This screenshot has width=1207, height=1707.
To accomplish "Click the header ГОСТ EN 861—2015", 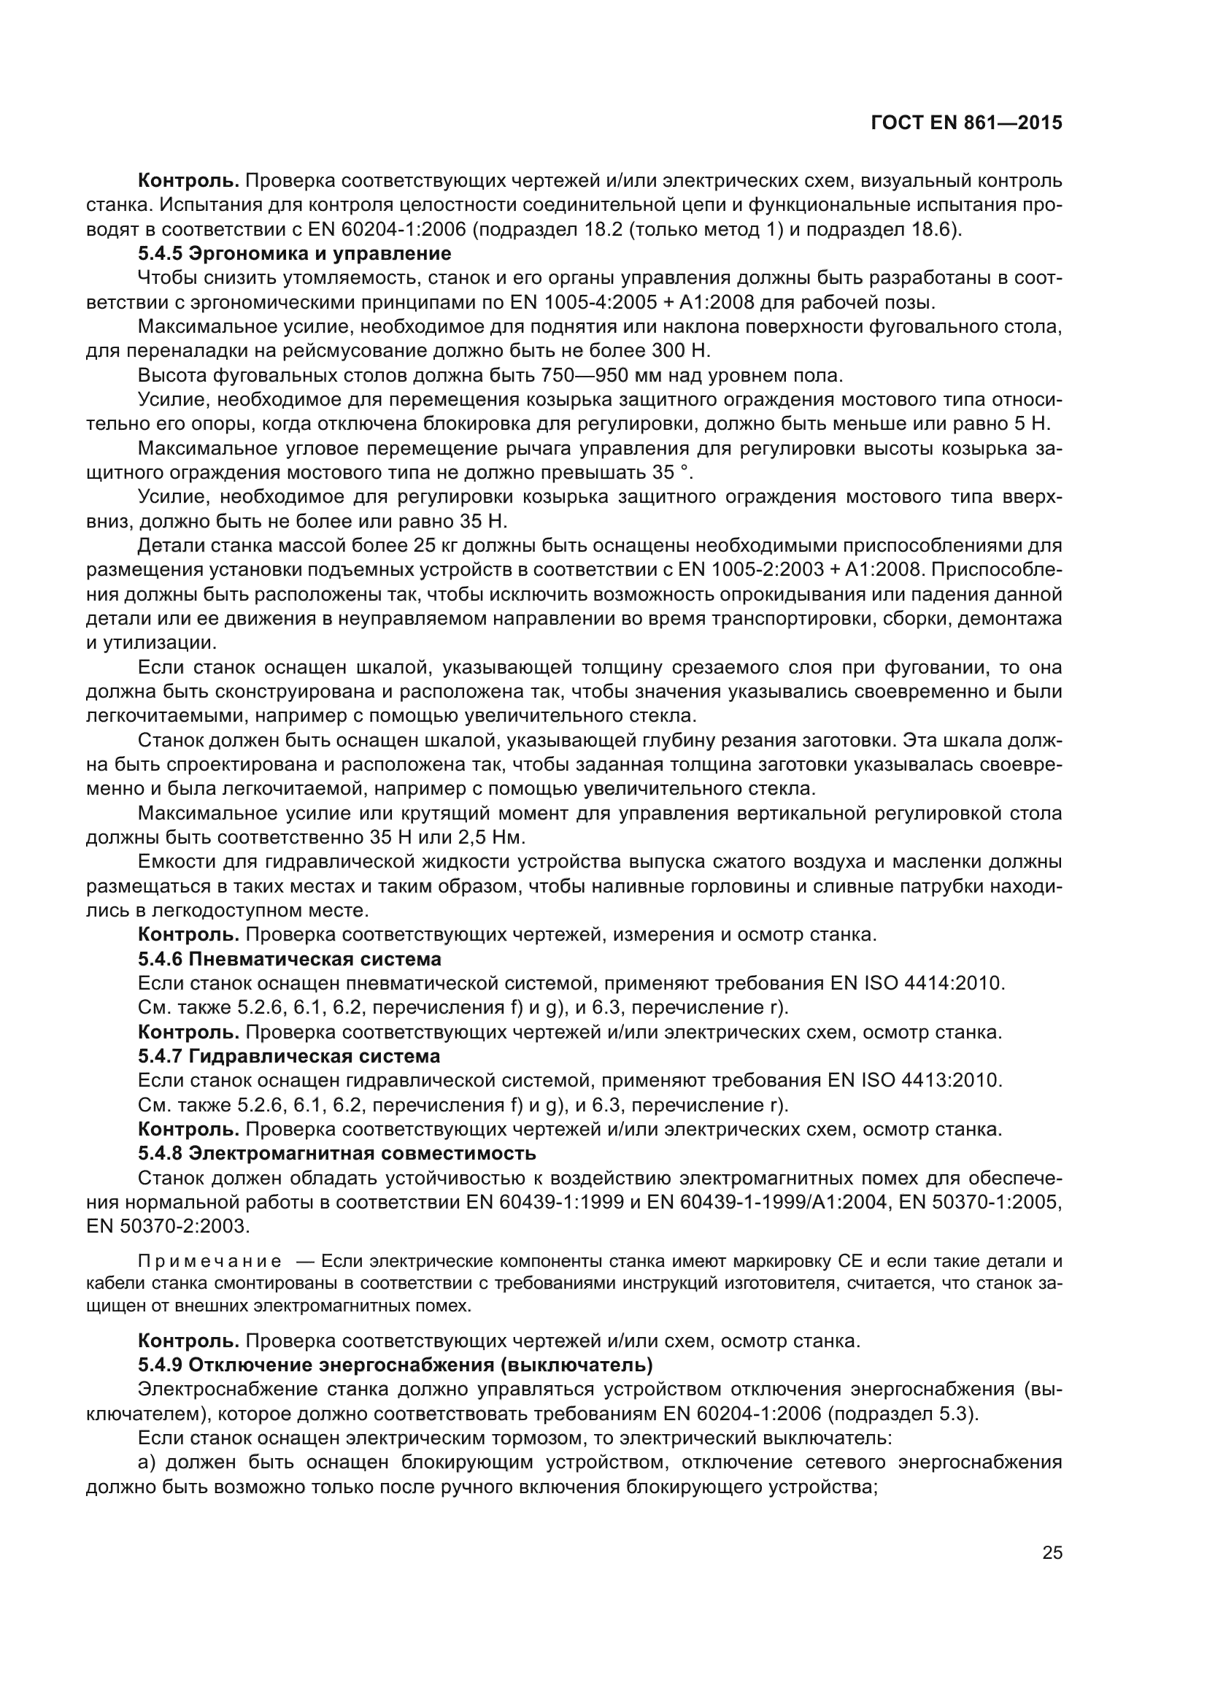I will click(x=966, y=123).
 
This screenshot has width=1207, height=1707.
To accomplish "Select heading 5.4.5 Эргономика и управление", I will click(x=294, y=253).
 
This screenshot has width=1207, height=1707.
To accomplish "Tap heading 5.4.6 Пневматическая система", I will click(x=289, y=958).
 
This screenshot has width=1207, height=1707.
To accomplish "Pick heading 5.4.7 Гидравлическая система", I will click(x=289, y=1056).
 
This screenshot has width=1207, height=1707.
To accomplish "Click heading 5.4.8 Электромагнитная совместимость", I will click(x=336, y=1153).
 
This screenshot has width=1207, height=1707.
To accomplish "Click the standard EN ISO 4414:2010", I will click(x=919, y=983).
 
